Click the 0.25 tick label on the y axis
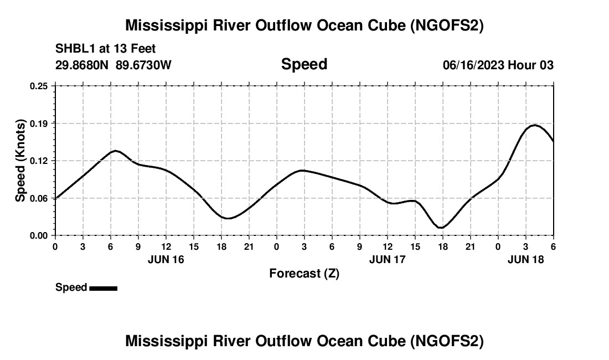(x=39, y=86)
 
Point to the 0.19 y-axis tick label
(x=39, y=123)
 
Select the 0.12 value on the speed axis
(x=39, y=161)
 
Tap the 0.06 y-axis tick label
(x=39, y=198)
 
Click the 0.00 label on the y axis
(x=39, y=235)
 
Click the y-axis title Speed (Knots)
(x=20, y=161)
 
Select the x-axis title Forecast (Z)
(x=304, y=273)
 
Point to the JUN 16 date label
(x=166, y=259)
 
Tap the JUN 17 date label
(x=388, y=259)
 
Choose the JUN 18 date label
(x=526, y=259)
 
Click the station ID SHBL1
(x=74, y=49)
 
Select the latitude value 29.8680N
(x=83, y=65)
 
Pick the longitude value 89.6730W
(x=144, y=65)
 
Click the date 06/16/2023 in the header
(x=473, y=65)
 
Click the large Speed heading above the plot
(x=304, y=64)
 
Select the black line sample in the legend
(x=103, y=288)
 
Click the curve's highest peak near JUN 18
(x=534, y=125)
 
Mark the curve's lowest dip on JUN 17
(x=441, y=228)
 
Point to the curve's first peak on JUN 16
(x=115, y=151)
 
